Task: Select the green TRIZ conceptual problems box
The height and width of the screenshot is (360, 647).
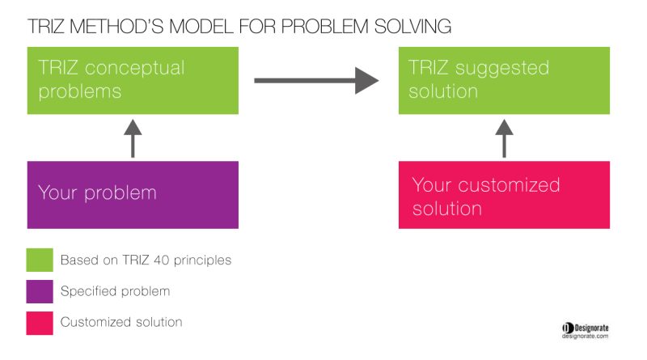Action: pyautogui.click(x=133, y=81)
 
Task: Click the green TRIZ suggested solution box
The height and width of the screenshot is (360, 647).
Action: pyautogui.click(x=504, y=81)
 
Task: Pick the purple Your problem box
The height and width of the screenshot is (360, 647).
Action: pyautogui.click(x=133, y=195)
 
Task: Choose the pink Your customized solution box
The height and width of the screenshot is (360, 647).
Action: pyautogui.click(x=504, y=195)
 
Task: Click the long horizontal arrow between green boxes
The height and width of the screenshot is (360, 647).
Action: pyautogui.click(x=316, y=81)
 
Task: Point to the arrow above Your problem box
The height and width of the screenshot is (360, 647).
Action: pyautogui.click(x=133, y=138)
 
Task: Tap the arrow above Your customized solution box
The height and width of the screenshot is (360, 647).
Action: pyautogui.click(x=504, y=138)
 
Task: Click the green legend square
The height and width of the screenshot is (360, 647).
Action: pyautogui.click(x=40, y=260)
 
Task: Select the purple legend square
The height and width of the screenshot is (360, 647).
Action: pyautogui.click(x=40, y=291)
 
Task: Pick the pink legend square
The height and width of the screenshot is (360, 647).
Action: pyautogui.click(x=40, y=323)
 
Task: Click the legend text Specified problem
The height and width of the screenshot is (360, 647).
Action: pyautogui.click(x=115, y=291)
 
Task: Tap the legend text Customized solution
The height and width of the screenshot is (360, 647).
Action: pyautogui.click(x=121, y=322)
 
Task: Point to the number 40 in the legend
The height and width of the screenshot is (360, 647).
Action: pyautogui.click(x=161, y=260)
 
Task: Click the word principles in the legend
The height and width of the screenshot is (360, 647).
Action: pyautogui.click(x=203, y=260)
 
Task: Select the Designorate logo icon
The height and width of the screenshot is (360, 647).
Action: pyautogui.click(x=568, y=328)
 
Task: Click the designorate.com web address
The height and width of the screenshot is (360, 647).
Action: pyautogui.click(x=585, y=337)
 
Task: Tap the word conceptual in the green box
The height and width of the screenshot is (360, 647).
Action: pyautogui.click(x=134, y=69)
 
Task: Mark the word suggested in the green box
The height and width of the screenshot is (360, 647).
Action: pyautogui.click(x=502, y=69)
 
